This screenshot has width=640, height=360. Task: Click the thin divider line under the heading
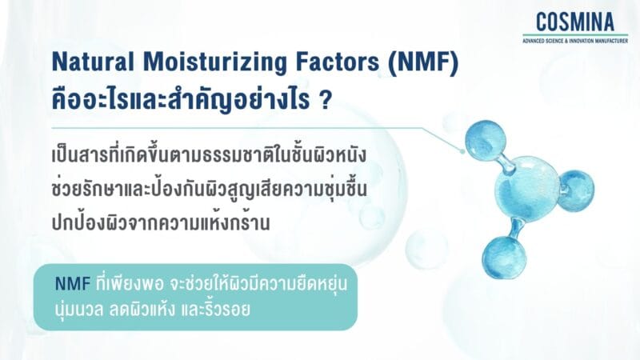point(240,126)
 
